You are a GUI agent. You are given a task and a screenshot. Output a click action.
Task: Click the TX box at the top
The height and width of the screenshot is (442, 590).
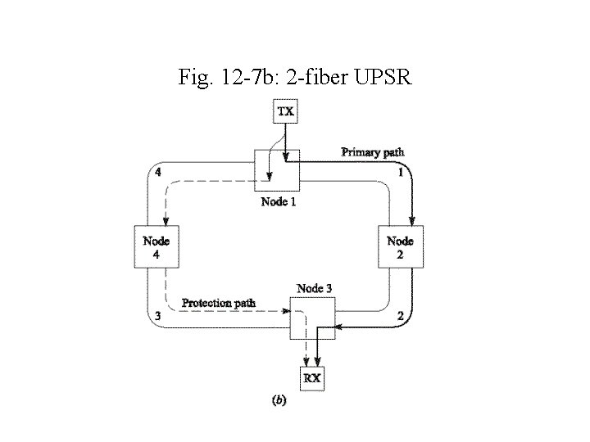coord(284,111)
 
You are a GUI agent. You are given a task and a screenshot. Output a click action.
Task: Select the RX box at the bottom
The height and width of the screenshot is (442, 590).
coord(312,378)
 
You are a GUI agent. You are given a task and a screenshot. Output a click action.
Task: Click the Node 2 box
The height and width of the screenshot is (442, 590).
coord(400,247)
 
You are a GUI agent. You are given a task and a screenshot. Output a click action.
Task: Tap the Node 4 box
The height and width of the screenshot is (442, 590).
coord(156,247)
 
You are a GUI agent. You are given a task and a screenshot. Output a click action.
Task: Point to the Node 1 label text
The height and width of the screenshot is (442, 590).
coord(279,201)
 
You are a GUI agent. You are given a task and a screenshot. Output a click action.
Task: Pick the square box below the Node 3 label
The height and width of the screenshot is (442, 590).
coord(313,318)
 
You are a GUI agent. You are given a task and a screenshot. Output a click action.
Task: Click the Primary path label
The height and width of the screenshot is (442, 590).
coord(372,152)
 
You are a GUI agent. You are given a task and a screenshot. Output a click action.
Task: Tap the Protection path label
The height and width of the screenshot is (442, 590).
coord(219,303)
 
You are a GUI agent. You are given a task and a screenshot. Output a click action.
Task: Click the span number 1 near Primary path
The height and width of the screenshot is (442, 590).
coord(400,174)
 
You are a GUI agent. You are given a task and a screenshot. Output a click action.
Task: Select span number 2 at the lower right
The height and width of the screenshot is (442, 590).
coord(399,316)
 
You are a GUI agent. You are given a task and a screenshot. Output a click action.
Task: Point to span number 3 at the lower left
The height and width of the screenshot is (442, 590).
coord(157,316)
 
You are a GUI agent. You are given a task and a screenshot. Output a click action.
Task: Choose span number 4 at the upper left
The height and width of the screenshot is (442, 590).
coord(157,173)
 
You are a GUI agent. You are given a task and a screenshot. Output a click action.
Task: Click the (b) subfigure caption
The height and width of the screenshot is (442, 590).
coord(279,401)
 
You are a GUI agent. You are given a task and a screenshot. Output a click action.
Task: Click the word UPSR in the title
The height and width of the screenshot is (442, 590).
coord(383,78)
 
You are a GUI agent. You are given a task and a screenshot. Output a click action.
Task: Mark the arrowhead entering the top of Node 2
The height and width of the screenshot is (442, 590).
coord(411,221)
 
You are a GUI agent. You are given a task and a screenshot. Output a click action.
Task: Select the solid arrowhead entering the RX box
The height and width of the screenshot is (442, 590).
coord(317,363)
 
